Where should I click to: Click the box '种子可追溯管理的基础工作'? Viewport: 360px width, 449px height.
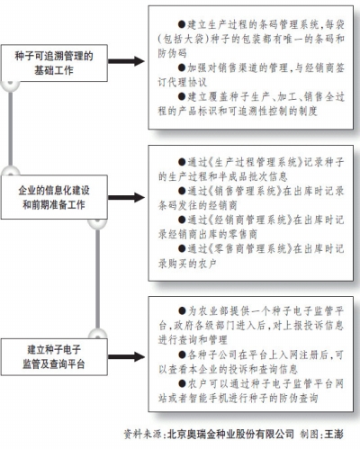coord(54,63)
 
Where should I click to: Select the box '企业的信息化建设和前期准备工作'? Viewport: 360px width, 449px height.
coord(54,197)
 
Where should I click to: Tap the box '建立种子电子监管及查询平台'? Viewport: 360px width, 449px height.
coord(54,356)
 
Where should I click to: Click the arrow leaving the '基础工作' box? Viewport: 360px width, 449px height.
coord(126,61)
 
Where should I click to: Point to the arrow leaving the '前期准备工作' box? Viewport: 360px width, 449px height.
coord(126,197)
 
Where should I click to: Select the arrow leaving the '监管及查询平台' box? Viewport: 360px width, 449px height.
coord(126,356)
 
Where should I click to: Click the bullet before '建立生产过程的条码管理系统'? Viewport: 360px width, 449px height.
coord(182,24)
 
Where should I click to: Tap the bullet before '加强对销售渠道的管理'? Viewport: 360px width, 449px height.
coord(182,67)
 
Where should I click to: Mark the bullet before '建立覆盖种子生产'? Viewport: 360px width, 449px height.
coord(182,96)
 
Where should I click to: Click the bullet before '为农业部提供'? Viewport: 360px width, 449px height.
coord(182,310)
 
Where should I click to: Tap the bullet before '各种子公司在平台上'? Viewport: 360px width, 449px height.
coord(182,355)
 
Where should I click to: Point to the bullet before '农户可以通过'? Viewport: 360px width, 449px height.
coord(182,383)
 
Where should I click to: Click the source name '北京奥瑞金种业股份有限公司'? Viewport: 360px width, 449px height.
coord(230,434)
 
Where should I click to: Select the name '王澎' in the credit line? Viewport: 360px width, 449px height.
coord(334,434)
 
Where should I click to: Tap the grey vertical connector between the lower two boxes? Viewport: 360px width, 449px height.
coord(98,279)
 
